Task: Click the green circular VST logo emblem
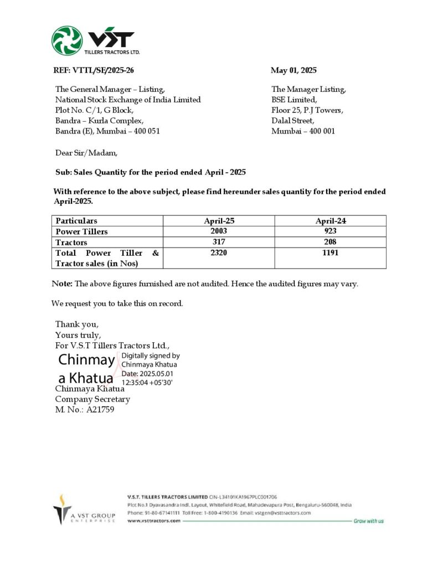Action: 67,41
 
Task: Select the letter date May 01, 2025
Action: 293,70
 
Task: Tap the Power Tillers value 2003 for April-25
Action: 219,231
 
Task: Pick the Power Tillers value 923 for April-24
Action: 331,231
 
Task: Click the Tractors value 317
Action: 219,242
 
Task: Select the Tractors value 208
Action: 331,242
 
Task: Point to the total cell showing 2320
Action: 219,252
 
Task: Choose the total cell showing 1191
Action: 331,252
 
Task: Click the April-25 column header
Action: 219,220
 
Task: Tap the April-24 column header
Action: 331,220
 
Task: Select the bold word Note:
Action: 62,283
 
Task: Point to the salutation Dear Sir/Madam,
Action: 86,152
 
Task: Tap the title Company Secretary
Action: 92,399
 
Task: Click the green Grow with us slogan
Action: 368,521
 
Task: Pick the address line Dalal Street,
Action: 293,121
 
